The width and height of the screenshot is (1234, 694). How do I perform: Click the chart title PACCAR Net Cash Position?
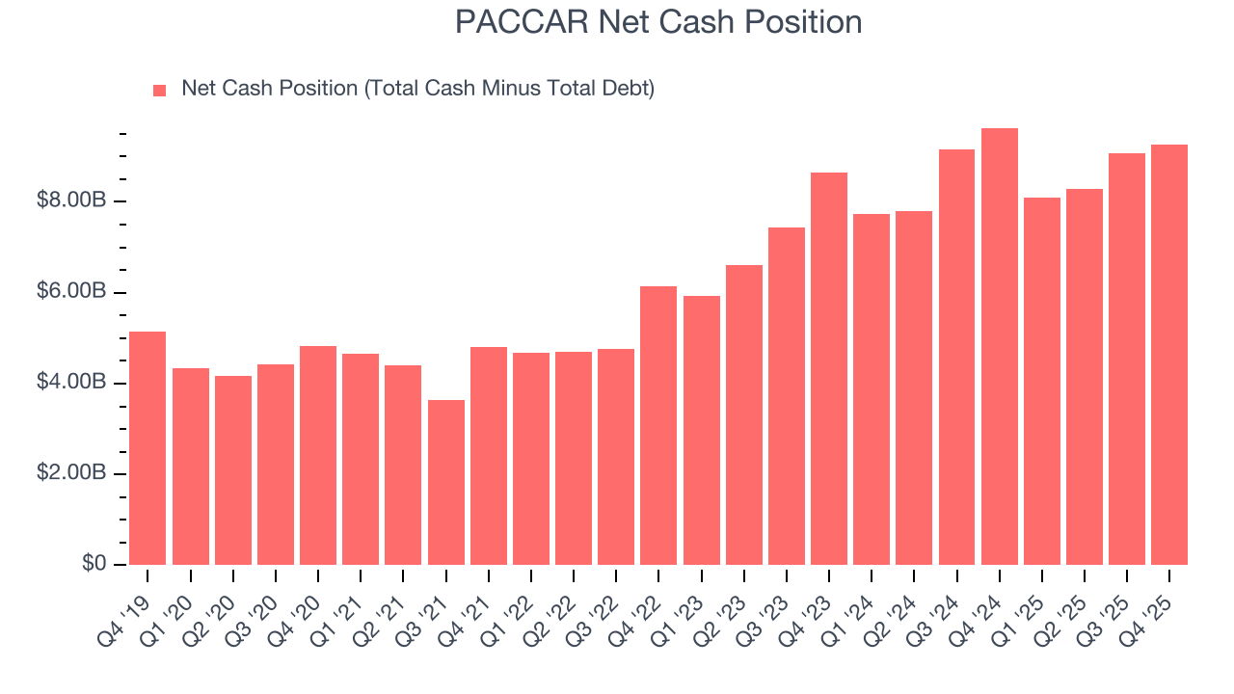pyautogui.click(x=658, y=22)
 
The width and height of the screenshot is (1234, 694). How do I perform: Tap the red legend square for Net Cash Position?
pyautogui.click(x=160, y=91)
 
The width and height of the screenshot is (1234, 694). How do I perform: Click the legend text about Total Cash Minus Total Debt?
pyautogui.click(x=417, y=89)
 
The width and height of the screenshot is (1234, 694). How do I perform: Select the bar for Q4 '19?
pyautogui.click(x=148, y=448)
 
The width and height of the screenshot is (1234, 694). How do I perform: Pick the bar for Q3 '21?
pyautogui.click(x=446, y=482)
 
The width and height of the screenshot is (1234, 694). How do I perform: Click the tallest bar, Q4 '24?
pyautogui.click(x=999, y=347)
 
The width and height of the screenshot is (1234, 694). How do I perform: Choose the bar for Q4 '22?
pyautogui.click(x=659, y=425)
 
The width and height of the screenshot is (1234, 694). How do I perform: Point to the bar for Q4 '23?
pyautogui.click(x=829, y=368)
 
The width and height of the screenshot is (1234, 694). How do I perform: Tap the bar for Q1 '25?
pyautogui.click(x=1042, y=381)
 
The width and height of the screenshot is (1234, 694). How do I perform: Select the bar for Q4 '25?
pyautogui.click(x=1169, y=355)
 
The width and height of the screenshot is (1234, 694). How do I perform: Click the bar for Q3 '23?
pyautogui.click(x=787, y=396)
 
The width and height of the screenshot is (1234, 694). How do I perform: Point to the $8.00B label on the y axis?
pyautogui.click(x=71, y=201)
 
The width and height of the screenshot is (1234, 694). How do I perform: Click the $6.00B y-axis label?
pyautogui.click(x=71, y=292)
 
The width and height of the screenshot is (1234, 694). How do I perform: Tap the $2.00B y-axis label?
pyautogui.click(x=71, y=474)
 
